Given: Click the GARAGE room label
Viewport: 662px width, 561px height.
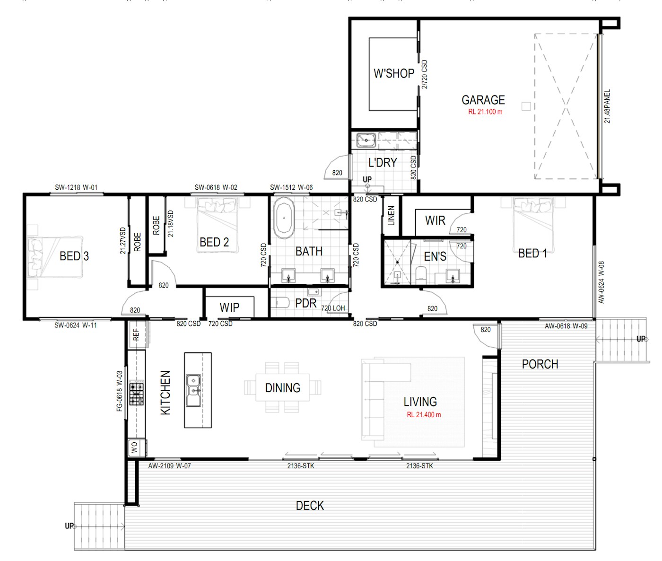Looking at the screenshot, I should click(x=483, y=100).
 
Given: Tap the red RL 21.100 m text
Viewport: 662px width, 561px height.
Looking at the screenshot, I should click(x=485, y=112).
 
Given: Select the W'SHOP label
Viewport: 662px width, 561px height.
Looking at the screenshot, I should click(x=393, y=73).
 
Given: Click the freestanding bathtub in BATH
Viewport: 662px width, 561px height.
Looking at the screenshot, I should click(x=284, y=218).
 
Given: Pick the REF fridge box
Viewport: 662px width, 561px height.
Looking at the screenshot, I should click(x=136, y=335).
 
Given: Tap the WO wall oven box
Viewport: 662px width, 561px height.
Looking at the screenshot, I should click(x=135, y=447).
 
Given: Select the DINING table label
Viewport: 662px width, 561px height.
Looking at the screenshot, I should click(x=282, y=388).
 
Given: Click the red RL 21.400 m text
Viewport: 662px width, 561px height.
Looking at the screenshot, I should click(x=424, y=415).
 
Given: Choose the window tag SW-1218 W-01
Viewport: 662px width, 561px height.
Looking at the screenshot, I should click(x=76, y=187).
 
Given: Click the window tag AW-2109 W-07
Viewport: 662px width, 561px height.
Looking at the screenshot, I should click(x=169, y=466).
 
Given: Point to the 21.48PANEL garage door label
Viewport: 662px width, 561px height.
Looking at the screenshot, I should click(x=607, y=106).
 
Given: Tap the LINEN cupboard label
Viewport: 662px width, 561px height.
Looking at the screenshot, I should click(x=391, y=216).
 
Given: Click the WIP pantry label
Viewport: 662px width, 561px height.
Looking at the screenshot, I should click(x=229, y=307).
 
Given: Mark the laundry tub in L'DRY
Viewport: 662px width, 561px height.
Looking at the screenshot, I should click(x=366, y=140).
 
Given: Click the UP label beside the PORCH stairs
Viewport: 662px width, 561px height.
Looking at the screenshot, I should click(x=641, y=339).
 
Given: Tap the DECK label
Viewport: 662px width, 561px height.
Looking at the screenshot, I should click(x=310, y=506).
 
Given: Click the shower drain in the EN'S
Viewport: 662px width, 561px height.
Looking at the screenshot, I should click(x=397, y=262).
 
